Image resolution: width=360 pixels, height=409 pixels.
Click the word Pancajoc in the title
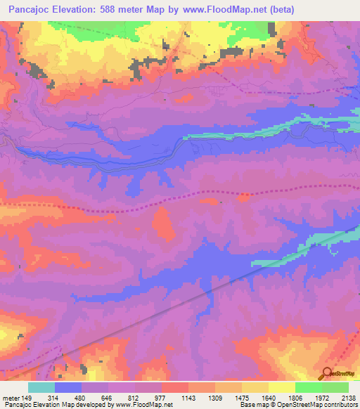point(29,9)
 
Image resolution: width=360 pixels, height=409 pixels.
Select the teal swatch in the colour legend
point(41,387)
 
